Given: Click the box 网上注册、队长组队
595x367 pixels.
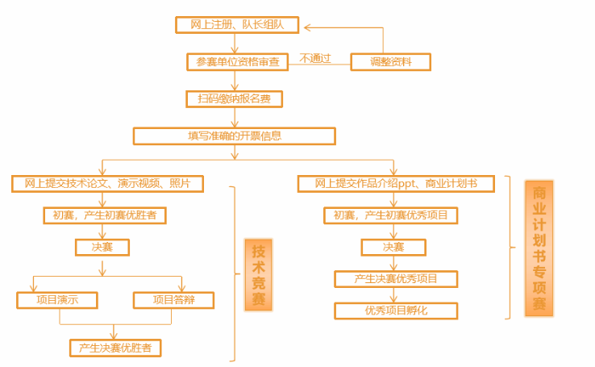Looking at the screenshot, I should pos(237,25).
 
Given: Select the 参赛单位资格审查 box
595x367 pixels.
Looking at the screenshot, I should pos(237,62).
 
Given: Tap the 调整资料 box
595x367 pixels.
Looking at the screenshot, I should pos(390,62).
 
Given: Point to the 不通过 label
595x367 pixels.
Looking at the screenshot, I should pos(315,58).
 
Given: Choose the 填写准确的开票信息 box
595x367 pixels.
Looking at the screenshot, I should pos(235,136).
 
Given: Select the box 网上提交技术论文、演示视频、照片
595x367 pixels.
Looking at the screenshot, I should pos(107,184).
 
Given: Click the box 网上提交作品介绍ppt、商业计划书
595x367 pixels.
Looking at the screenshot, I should pos(394,184).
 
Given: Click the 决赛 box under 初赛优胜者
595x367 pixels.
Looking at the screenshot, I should pos(102,248).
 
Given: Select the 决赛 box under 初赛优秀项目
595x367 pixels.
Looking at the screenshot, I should pos(393,248).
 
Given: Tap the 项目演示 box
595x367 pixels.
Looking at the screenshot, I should pos(57,300).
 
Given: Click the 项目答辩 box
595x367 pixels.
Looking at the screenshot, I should pos(173,300).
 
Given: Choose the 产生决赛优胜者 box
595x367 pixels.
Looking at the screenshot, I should pos(115,348).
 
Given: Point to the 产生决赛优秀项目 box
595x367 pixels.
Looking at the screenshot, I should pos(396,279).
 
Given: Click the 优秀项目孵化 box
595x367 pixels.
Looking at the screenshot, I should pos(396,311).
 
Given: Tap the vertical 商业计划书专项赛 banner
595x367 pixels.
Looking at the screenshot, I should pos(539,248).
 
